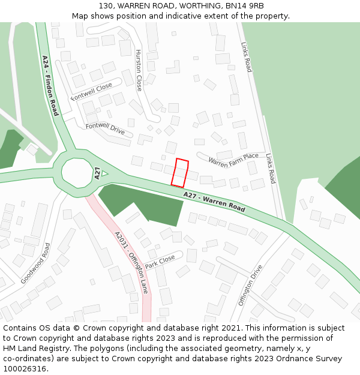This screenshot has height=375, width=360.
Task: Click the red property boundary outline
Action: pos(180,173)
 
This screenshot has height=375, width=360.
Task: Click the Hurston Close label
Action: pos(139,70)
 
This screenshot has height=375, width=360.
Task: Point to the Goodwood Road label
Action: pos(35,263)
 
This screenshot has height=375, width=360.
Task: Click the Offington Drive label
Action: pos(250,285)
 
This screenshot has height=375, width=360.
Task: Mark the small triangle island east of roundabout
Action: pos(104,173)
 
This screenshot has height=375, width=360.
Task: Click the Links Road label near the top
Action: pos(247,58)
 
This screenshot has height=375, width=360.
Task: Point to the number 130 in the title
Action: pos(106,5)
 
